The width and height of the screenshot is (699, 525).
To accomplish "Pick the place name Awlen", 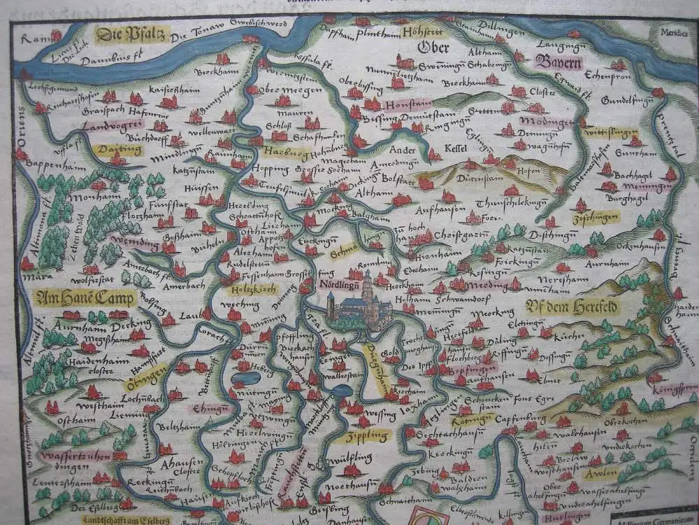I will (600, 473).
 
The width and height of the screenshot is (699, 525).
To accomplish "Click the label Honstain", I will (398, 104).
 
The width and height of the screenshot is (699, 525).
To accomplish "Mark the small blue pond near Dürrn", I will (242, 379).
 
